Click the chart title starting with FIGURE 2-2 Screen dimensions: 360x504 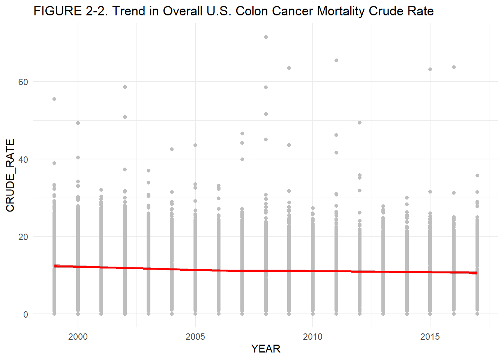coord(233,11)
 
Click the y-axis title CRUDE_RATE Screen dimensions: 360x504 coord(10,175)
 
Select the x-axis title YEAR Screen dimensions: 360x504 coord(265,349)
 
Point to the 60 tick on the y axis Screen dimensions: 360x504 coord(23,82)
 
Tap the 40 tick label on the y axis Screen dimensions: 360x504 coord(23,159)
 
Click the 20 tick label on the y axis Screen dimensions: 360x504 coord(23,237)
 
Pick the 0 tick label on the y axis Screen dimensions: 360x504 coord(25,314)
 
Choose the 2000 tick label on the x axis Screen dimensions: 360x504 coord(78,336)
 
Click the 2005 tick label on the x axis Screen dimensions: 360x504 coord(195,336)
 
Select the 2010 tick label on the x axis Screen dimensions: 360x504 coord(313,336)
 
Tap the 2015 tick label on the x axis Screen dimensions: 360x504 coord(430,336)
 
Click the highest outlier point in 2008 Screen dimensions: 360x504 coord(266,37)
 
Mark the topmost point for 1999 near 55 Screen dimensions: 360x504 coord(54,99)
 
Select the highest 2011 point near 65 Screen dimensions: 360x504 coord(336,60)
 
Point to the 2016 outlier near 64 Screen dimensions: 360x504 coord(454,67)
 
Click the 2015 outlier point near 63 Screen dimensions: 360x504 coord(430,69)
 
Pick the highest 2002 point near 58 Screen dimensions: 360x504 coord(125,87)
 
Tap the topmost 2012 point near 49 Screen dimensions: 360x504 coord(360,123)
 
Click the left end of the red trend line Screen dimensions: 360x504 coord(55,266)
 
